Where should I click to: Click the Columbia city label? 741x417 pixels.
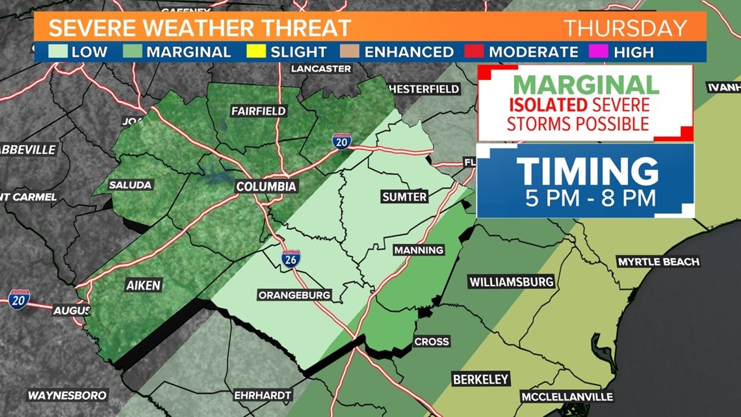(266, 187)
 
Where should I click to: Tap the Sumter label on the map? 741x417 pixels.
(404, 196)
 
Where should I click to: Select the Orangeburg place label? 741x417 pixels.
(294, 295)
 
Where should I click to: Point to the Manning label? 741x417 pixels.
(419, 250)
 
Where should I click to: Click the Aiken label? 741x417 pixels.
(144, 285)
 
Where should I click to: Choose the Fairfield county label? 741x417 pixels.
(258, 111)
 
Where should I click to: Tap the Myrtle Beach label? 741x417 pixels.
(658, 262)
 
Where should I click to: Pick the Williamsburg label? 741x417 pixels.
(512, 282)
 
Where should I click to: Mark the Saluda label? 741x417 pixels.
(130, 185)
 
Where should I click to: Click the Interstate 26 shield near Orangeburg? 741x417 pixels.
(290, 260)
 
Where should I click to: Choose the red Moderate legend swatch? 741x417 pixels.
(479, 51)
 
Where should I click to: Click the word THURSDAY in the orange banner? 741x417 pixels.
(625, 29)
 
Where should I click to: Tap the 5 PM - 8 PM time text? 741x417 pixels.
(586, 197)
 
